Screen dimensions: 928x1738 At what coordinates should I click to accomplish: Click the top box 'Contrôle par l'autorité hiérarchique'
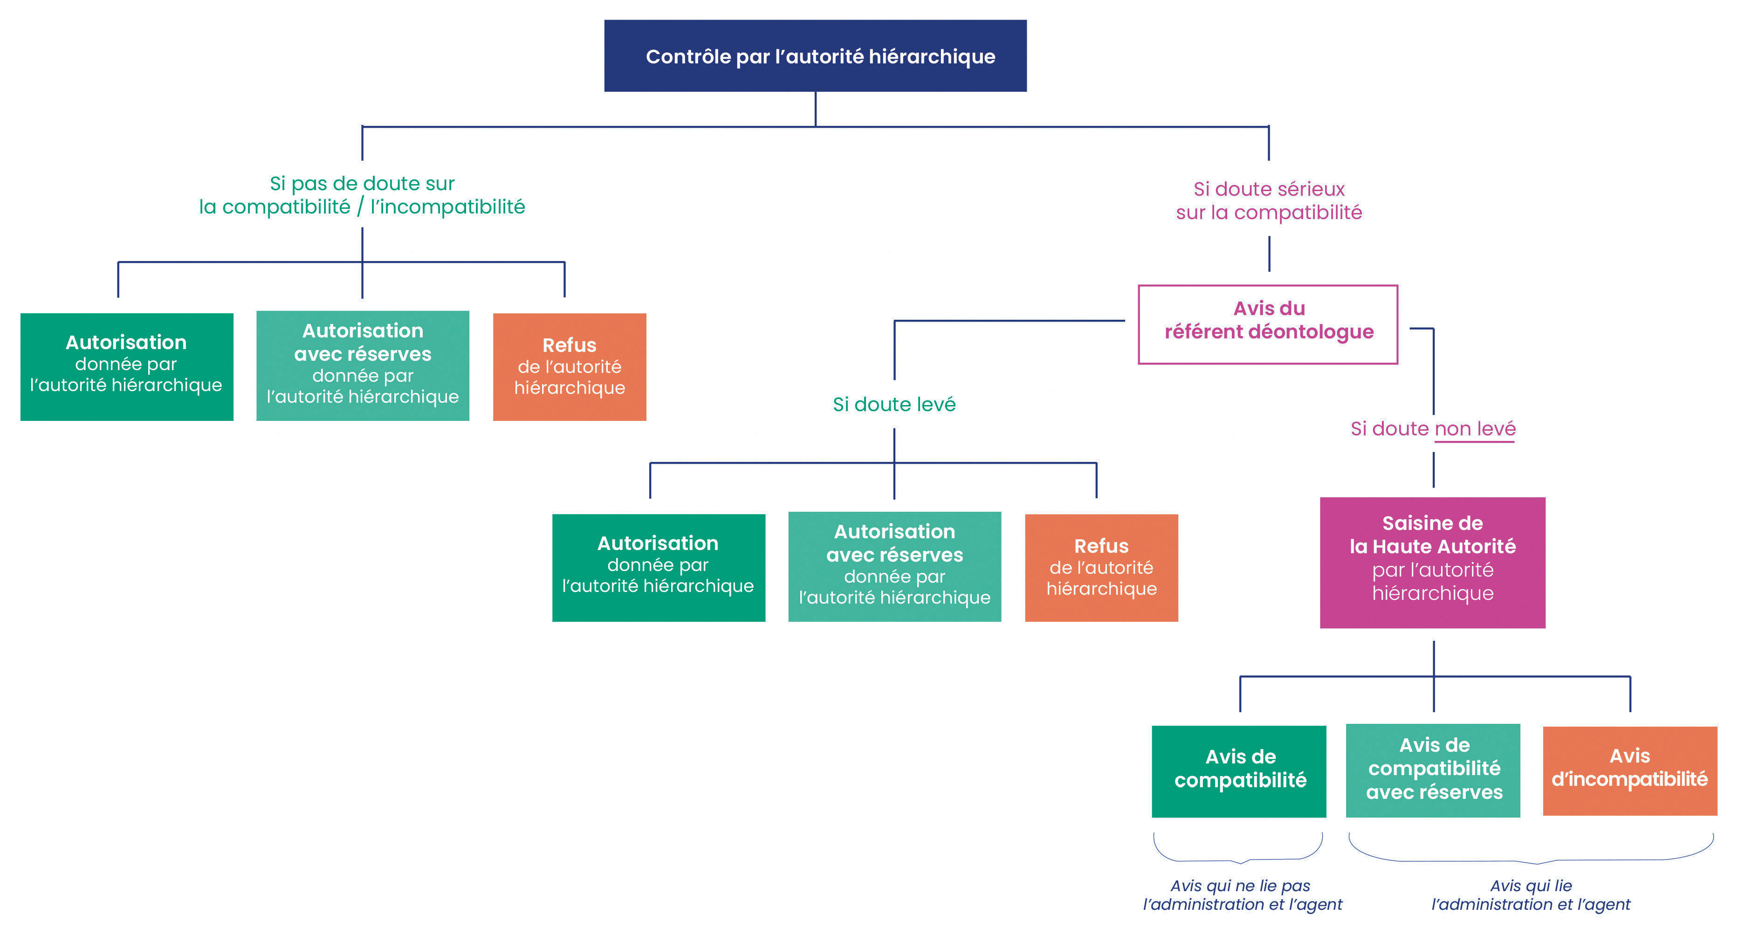815,56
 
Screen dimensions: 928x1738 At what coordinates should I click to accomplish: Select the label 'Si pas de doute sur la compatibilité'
362,195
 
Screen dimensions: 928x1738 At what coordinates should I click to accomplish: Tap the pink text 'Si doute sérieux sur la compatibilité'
1268,200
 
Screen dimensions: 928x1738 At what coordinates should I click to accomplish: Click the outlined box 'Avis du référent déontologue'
1268,324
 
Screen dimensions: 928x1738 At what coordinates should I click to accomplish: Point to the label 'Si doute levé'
894,404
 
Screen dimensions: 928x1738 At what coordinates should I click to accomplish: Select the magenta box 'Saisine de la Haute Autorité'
1432,562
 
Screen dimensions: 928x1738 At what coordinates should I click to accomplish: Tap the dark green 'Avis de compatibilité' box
1239,771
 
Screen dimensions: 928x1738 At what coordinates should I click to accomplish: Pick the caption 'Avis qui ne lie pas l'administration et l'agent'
1242,895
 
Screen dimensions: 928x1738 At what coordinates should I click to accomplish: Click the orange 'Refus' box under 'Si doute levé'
1101,568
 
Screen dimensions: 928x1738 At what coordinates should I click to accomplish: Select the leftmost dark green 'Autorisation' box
127,366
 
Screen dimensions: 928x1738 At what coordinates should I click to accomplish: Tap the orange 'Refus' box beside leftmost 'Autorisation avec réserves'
570,366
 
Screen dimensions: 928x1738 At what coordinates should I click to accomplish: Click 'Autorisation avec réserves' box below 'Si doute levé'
895,566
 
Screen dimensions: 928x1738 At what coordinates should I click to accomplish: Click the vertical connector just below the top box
815,108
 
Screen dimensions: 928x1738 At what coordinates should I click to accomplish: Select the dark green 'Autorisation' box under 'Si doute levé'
659,568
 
